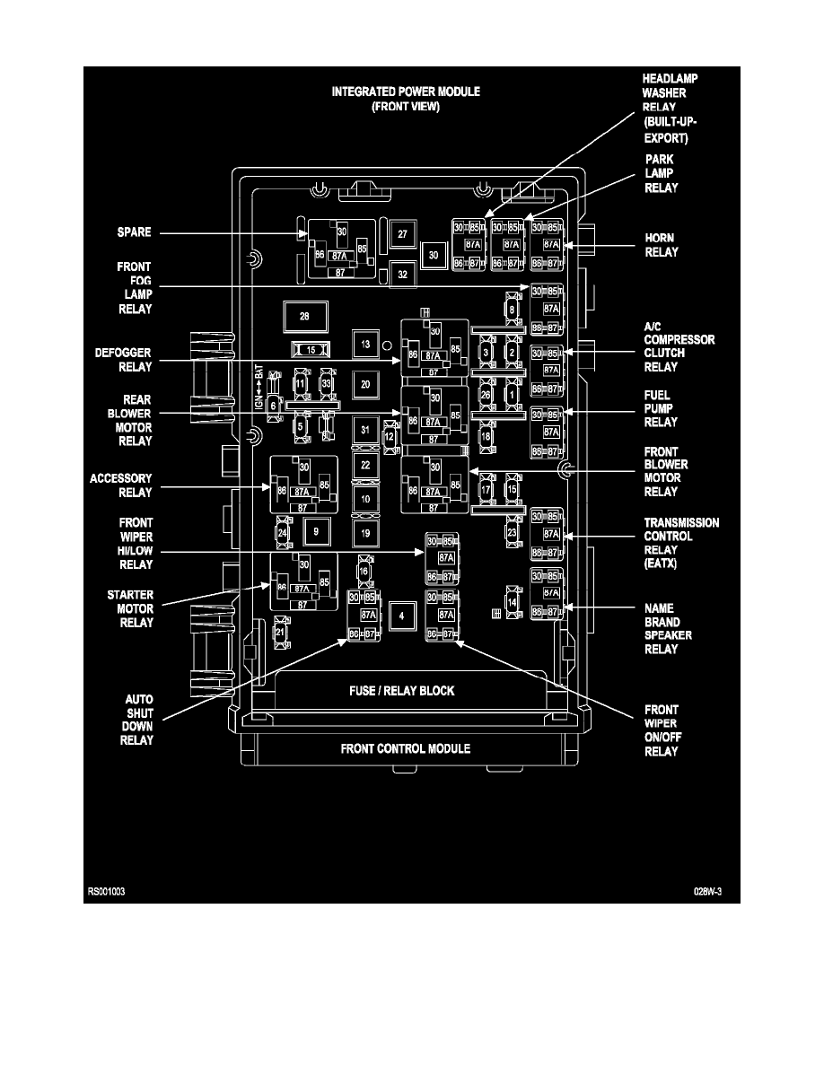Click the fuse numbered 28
(304, 317)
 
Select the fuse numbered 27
(403, 234)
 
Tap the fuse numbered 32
(403, 275)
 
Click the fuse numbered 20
(364, 384)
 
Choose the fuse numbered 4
(402, 616)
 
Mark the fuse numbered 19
(364, 534)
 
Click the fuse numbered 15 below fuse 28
(311, 349)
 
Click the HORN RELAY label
(661, 245)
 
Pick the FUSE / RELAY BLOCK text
(401, 691)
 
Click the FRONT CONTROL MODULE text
(405, 748)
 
